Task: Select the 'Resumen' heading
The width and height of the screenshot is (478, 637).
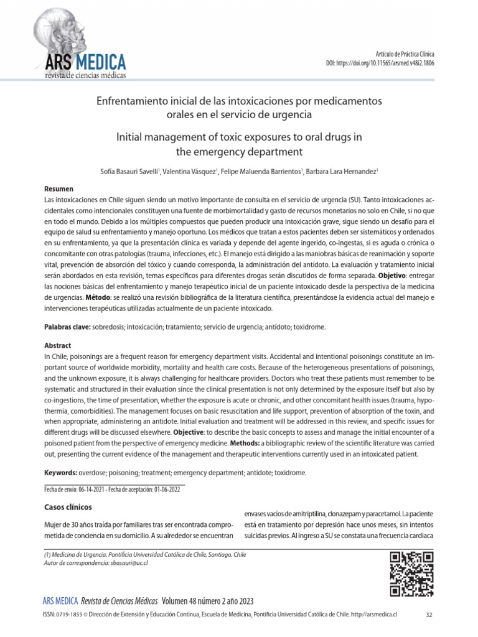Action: point(59,188)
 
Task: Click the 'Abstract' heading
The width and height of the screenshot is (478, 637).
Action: point(57,345)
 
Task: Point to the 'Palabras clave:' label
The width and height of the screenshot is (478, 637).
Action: point(67,327)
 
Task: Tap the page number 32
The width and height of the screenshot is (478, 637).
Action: point(429,615)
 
